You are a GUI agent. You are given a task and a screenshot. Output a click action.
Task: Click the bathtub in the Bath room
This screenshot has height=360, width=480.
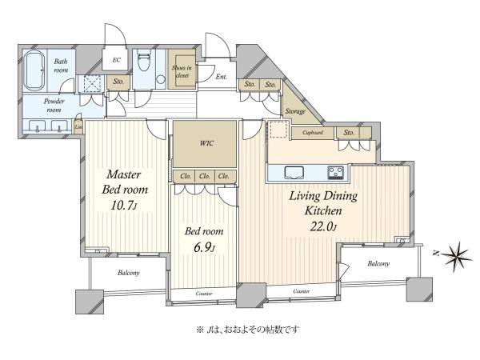34,70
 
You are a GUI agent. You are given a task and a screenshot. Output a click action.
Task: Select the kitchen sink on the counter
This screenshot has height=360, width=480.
294,172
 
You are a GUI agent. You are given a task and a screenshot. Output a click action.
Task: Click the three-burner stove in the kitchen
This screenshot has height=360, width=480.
336,173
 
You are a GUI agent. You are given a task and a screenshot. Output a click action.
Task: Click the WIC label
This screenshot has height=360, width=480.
206,143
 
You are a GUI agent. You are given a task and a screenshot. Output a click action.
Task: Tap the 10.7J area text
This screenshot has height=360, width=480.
124,206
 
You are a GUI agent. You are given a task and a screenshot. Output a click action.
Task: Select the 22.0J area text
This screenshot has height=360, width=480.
323,226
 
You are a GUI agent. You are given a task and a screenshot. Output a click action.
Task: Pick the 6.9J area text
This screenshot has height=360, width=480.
204,247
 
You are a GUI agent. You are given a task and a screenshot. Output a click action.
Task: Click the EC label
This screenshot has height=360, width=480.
116,60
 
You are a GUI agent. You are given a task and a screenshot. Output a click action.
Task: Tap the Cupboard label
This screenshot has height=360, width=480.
313,133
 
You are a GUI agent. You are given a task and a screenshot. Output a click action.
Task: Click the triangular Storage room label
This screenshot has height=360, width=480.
295,111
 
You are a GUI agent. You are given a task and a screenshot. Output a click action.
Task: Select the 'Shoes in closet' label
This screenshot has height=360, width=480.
182,71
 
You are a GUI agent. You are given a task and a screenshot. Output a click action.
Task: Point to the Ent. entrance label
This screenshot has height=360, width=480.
222,77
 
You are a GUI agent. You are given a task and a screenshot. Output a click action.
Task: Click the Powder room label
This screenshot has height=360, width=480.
54,106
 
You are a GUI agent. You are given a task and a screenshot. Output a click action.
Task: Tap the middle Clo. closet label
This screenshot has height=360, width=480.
205,176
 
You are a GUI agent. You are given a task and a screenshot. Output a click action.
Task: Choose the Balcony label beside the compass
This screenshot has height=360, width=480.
378,263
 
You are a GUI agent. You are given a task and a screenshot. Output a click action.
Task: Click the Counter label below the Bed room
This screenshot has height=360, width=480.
204,294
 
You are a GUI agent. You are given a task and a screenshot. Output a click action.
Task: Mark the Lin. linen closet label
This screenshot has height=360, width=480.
78,126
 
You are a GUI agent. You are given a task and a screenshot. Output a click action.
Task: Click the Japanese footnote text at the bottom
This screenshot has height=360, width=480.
247,330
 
